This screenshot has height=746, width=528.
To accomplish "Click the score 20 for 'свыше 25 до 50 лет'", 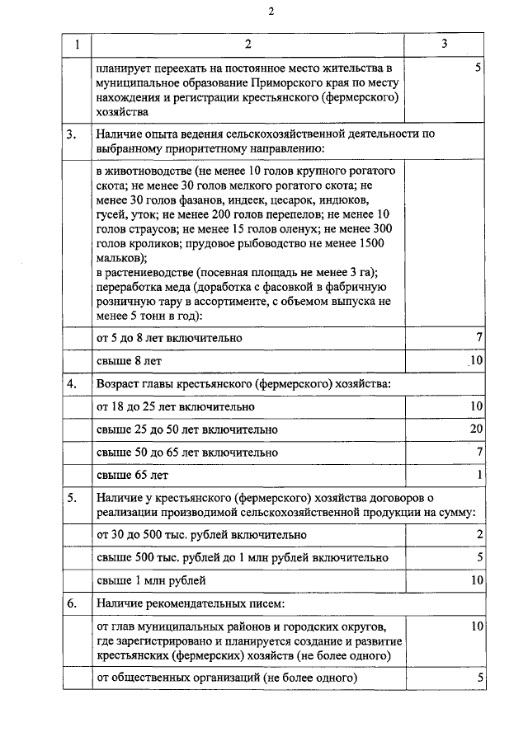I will (475, 429).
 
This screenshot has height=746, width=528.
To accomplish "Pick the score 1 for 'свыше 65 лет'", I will (478, 475).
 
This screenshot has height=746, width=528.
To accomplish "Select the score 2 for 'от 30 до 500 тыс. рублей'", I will (478, 535).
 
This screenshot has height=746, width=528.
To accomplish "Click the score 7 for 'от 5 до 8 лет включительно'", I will (478, 338).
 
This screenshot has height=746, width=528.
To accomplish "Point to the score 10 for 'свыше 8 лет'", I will (475, 361).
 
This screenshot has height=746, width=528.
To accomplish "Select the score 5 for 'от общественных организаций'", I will (478, 678).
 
